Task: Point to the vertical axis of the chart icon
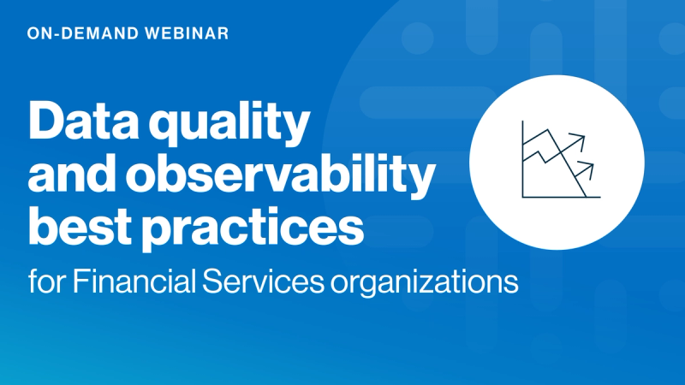click(523, 159)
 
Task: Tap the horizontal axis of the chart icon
click(561, 198)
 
